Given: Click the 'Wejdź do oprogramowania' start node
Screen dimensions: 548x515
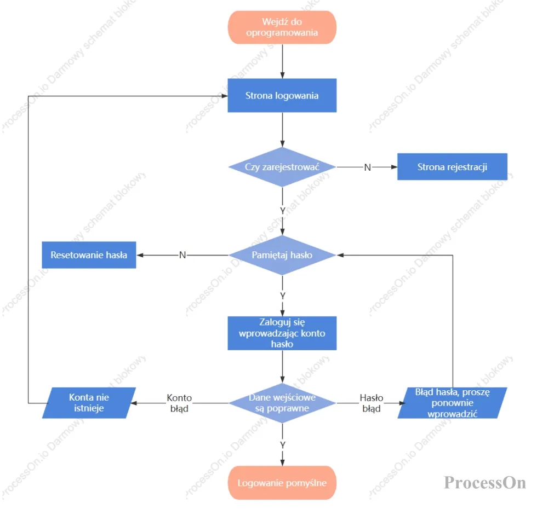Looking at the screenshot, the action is pyautogui.click(x=282, y=27).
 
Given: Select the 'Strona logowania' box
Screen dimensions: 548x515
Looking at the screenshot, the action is pyautogui.click(x=282, y=95).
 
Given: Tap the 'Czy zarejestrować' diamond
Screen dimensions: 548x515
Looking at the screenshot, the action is pyautogui.click(x=282, y=167).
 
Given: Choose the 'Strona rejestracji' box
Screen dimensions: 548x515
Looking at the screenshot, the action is pyautogui.click(x=452, y=166).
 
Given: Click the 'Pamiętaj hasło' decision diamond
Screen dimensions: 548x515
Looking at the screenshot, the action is pyautogui.click(x=282, y=255).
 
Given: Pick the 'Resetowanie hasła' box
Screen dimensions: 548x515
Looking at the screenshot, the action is pyautogui.click(x=89, y=255).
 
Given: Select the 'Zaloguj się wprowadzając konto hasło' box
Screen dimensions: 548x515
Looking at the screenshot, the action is pyautogui.click(x=282, y=333).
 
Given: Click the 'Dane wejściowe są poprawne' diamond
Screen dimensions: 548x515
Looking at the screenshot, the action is pyautogui.click(x=282, y=403).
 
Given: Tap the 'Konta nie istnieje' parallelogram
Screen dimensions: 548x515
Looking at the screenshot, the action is pyautogui.click(x=89, y=403).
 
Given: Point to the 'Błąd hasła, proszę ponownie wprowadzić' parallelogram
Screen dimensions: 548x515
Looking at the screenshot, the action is pyautogui.click(x=452, y=403).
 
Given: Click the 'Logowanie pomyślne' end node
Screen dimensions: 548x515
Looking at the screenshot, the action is pyautogui.click(x=282, y=483).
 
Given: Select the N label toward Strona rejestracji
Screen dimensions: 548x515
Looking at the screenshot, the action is pyautogui.click(x=367, y=167).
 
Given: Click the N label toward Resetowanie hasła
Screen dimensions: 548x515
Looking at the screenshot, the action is pyautogui.click(x=182, y=255).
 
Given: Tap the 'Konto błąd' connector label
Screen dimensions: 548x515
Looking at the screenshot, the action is pyautogui.click(x=179, y=403).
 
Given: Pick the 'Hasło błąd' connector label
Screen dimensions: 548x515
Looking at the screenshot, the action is pyautogui.click(x=372, y=403).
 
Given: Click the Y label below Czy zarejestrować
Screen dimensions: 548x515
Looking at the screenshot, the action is pyautogui.click(x=283, y=211).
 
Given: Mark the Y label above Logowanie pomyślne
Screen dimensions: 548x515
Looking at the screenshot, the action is pyautogui.click(x=283, y=445).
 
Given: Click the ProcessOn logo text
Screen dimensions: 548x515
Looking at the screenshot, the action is pyautogui.click(x=485, y=483).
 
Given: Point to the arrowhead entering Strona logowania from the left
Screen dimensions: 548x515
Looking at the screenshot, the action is pyautogui.click(x=225, y=96).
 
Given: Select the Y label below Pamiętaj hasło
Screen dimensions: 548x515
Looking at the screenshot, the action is pyautogui.click(x=283, y=296).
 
